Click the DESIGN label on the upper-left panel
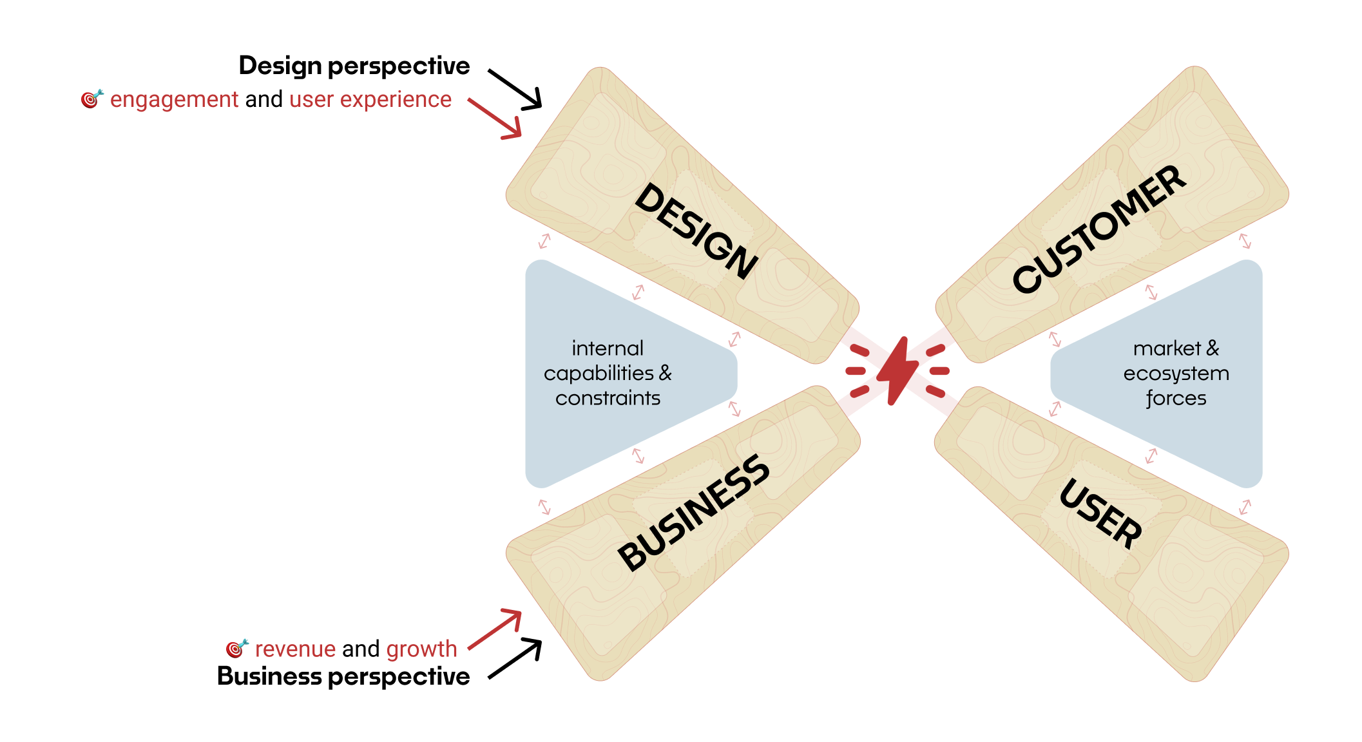coord(696,231)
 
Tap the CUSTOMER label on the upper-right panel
coord(1099,229)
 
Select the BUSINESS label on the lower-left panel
coord(693,513)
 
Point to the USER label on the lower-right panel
coord(1100,513)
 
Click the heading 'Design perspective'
coord(354,66)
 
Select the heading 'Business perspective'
coord(343,676)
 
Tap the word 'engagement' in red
coord(174,100)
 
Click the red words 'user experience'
coord(370,100)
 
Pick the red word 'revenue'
coord(295,649)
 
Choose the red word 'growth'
coord(421,649)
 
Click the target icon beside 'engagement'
coord(91,99)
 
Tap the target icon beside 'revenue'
coord(236,648)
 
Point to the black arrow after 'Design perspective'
coord(515,90)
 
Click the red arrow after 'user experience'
coord(495,119)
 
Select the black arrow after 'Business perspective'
coord(515,658)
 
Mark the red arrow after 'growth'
coord(495,629)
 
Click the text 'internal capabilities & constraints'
coord(608,373)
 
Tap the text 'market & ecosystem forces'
coord(1176,373)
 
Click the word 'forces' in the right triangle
coord(1176,398)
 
